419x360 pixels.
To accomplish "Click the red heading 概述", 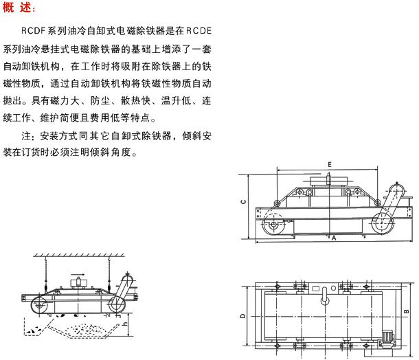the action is click(x=19, y=8).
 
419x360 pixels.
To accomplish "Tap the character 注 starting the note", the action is click(x=26, y=136).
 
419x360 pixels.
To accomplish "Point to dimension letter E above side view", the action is click(x=330, y=165).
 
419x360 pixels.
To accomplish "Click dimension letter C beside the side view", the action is click(x=243, y=202).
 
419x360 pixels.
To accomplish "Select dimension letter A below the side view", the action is click(x=334, y=238).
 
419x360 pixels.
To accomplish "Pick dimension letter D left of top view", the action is click(x=242, y=315).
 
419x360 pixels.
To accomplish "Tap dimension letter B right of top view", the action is click(x=407, y=311).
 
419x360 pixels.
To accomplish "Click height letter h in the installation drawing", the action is click(x=125, y=324).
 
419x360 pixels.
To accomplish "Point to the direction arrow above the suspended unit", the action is click(x=78, y=274).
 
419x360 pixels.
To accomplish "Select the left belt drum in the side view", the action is click(x=273, y=225).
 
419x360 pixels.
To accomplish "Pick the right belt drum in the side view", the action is click(x=383, y=223).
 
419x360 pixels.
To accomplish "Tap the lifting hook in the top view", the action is click(x=325, y=296).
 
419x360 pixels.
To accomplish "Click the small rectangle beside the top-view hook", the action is click(x=316, y=289).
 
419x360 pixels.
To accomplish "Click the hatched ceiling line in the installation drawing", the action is click(x=79, y=256).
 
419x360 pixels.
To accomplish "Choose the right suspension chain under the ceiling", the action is click(x=109, y=274).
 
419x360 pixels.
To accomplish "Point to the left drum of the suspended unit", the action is click(x=39, y=305).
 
